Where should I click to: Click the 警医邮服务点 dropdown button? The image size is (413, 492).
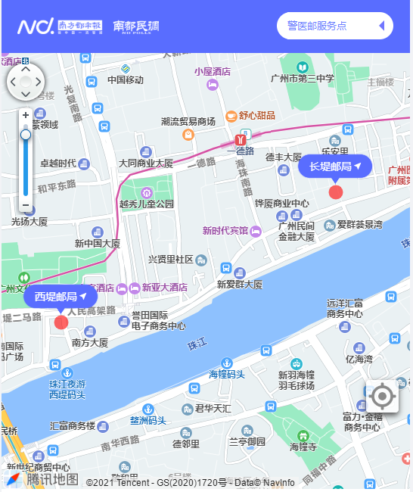335,26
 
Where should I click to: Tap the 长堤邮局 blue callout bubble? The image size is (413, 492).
335,166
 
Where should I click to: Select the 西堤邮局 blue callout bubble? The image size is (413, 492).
61,296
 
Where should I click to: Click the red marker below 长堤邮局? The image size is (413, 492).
336,192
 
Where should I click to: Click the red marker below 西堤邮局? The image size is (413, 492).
61,322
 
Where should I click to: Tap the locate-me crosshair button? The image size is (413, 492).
383,396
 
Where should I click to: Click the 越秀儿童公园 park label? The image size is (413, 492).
147,204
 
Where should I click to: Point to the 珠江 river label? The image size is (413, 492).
197,345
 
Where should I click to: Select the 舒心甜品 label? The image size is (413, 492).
256,116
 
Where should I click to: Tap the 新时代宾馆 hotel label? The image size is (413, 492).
225,230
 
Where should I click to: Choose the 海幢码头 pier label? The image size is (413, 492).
227,375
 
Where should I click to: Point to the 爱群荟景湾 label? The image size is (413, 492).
359,225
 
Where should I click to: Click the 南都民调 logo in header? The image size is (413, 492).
136,26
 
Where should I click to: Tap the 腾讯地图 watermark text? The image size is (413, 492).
52,478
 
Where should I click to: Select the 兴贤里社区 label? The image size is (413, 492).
171,260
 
